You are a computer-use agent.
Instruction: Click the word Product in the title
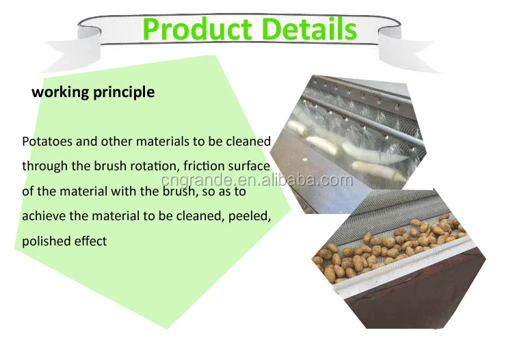(x=198, y=29)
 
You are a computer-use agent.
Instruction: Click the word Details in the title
(x=309, y=29)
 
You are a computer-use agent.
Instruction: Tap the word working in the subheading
(x=60, y=92)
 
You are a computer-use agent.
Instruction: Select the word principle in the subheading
(x=124, y=92)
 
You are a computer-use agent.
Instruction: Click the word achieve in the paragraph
(x=44, y=216)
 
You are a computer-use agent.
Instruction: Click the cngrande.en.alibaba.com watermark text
(x=257, y=180)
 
